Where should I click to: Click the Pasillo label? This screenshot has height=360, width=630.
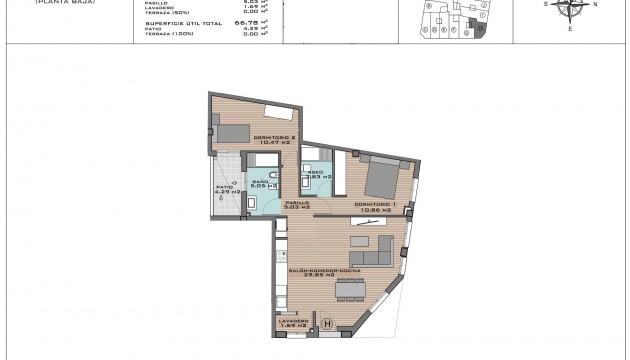295,205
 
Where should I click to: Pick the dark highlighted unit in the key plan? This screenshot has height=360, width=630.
479,28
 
